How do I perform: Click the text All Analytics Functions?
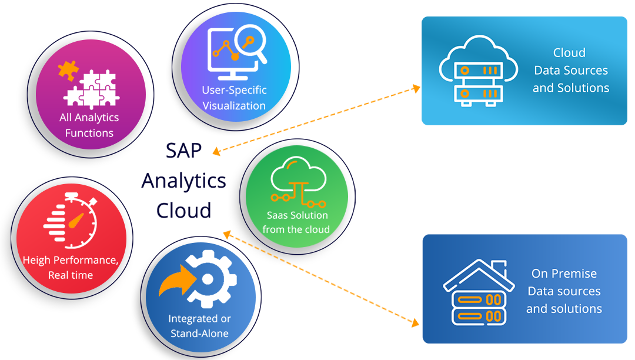click(89, 125)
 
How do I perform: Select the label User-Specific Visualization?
click(234, 98)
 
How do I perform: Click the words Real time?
click(71, 275)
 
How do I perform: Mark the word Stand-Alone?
click(199, 334)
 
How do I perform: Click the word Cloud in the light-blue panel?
click(569, 53)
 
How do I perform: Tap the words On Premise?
click(564, 274)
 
